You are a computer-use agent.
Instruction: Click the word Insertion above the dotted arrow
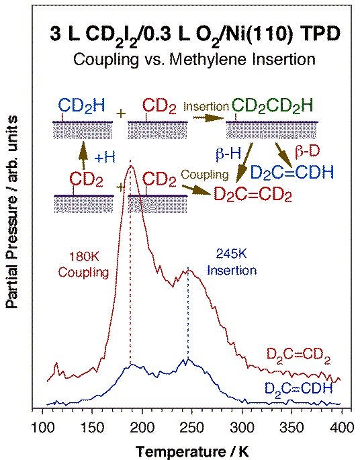point(201,106)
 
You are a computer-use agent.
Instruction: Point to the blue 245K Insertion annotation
point(234,263)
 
